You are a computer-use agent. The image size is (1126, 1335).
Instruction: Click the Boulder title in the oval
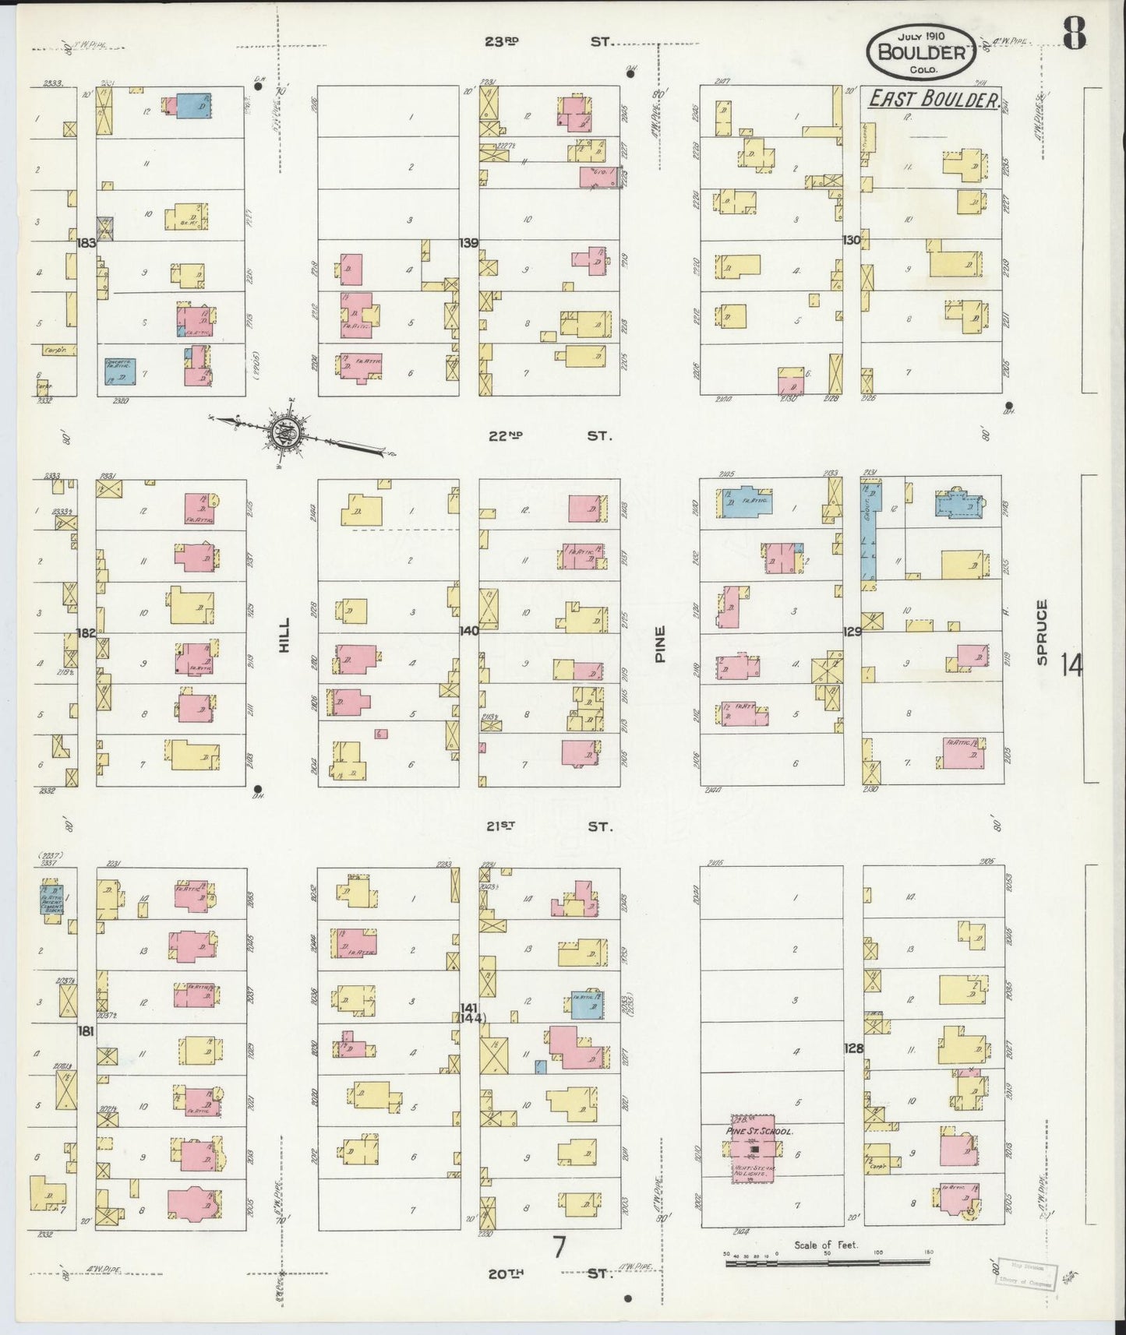click(x=920, y=53)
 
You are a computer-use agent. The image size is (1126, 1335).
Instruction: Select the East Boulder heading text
click(x=934, y=99)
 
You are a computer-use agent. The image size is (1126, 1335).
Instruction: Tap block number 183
click(x=86, y=243)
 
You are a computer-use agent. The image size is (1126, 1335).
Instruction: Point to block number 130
click(x=851, y=240)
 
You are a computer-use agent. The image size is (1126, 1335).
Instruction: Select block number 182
click(x=86, y=632)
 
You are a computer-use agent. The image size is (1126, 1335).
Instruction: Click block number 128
click(x=853, y=1048)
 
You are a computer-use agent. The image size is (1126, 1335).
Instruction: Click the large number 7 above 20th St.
click(x=559, y=1247)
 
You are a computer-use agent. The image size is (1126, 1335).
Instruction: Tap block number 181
click(x=86, y=1030)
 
